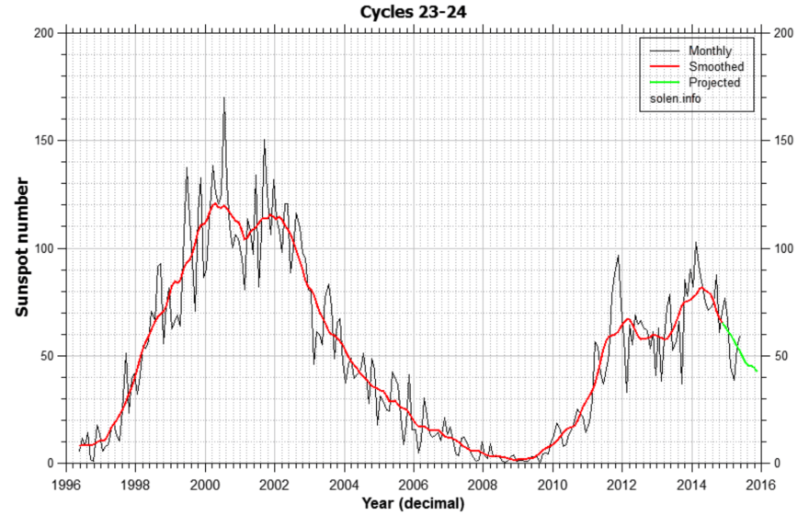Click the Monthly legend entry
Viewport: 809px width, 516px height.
(709, 51)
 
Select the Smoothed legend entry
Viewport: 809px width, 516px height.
(715, 66)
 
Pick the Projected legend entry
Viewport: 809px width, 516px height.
(714, 82)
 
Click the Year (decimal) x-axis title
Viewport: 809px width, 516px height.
(414, 503)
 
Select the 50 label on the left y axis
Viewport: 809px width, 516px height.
(49, 356)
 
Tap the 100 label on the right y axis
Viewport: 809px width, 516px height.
(783, 248)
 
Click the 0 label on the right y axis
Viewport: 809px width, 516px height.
(778, 464)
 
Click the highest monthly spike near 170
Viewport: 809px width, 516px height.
(223, 98)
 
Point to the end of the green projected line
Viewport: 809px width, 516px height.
(757, 371)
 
